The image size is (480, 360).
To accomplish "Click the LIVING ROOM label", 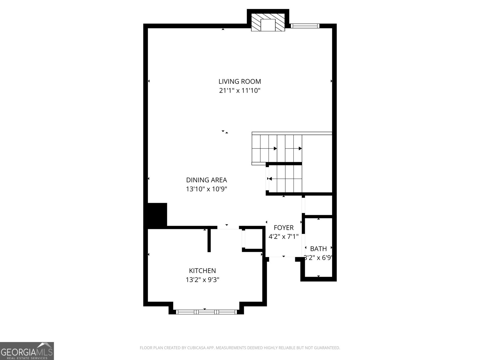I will pyautogui.click(x=239, y=81).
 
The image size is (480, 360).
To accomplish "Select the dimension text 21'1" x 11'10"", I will pyautogui.click(x=239, y=91).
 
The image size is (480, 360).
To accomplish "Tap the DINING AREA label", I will pyautogui.click(x=206, y=180).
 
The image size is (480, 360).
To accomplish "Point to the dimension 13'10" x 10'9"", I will pyautogui.click(x=206, y=189).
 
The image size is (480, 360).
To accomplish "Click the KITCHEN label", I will pyautogui.click(x=202, y=271).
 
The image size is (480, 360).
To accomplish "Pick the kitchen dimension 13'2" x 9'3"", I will pyautogui.click(x=202, y=280).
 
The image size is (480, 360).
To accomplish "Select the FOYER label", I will pyautogui.click(x=283, y=228).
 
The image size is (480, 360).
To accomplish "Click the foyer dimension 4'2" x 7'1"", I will pyautogui.click(x=283, y=237).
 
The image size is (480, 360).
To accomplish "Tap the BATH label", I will pyautogui.click(x=318, y=249).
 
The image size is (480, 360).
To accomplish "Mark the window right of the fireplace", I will pyautogui.click(x=304, y=26).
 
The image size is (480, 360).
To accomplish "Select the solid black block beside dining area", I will pyautogui.click(x=157, y=214).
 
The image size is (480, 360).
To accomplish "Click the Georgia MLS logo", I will pyautogui.click(x=27, y=351).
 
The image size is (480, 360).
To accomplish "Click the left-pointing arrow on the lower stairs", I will pyautogui.click(x=270, y=179).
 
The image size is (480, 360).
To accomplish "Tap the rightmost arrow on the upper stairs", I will pyautogui.click(x=300, y=148).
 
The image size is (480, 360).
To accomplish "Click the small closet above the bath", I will pyautogui.click(x=318, y=205).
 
